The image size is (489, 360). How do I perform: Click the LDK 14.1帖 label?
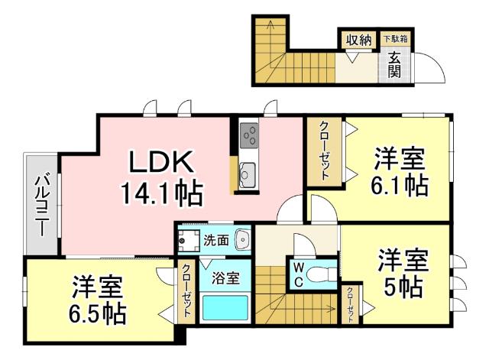tap(161, 177)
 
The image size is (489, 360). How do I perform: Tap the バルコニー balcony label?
tap(43, 203)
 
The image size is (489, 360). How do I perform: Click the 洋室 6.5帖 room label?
tap(99, 300)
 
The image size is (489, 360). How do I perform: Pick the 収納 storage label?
tap(358, 39)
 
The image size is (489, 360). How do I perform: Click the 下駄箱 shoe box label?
tap(395, 38)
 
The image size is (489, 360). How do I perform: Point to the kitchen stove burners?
tap(249, 137)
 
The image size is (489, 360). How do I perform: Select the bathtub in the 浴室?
tap(227, 309)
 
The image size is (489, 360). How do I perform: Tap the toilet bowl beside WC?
tap(322, 273)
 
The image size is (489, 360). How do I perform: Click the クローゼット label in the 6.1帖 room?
tap(325, 151)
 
